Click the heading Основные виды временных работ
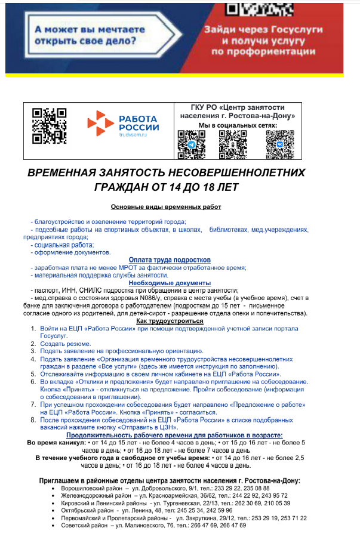(x=166, y=207)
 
